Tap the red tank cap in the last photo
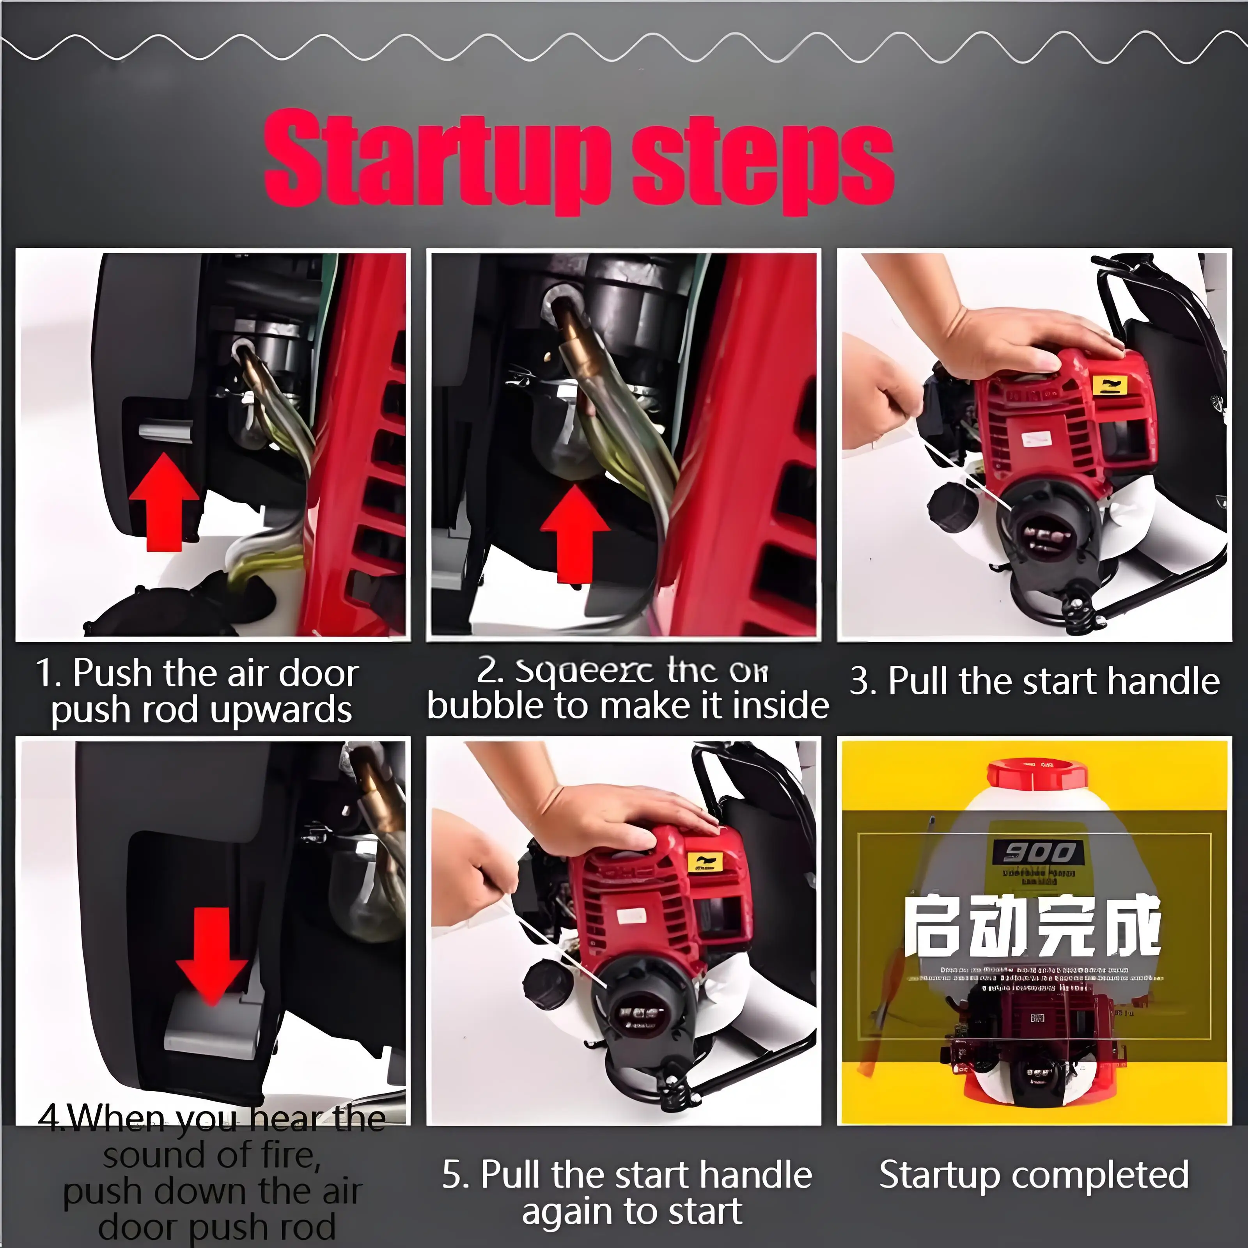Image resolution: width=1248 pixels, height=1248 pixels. (x=1035, y=775)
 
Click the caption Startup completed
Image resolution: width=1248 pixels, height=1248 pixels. (x=1033, y=1174)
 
